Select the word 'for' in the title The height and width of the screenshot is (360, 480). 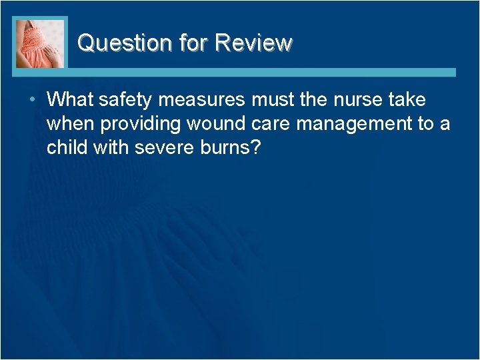pos(194,43)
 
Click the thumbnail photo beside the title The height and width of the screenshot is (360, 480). pos(40,43)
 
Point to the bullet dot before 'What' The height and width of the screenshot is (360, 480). pos(33,100)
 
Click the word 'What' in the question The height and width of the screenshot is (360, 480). pos(70,100)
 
